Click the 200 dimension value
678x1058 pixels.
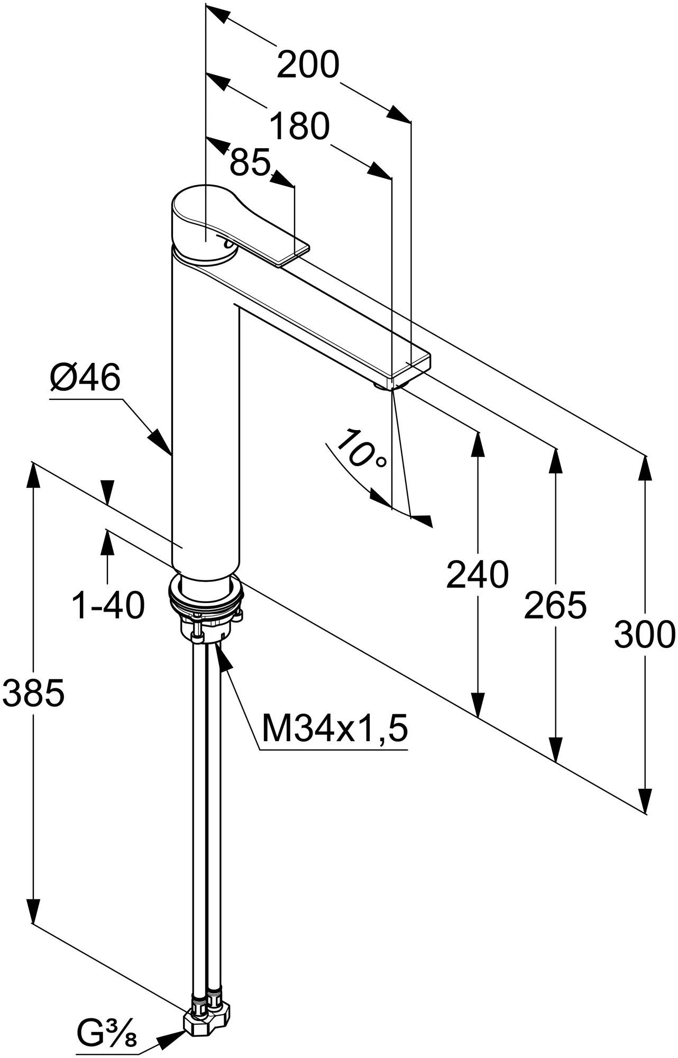pos(307,65)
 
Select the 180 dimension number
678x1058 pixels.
pos(299,127)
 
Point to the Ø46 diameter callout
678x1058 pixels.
pos(85,378)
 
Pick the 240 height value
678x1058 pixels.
pos(477,574)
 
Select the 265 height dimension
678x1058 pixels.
pos(555,605)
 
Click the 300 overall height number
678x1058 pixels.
pos(645,635)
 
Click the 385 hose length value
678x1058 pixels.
pos(33,693)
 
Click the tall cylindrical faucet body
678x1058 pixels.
pos(205,423)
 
